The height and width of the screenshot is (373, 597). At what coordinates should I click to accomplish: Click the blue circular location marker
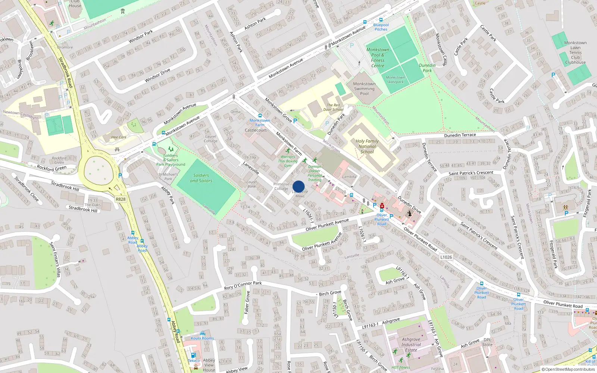pos(298,186)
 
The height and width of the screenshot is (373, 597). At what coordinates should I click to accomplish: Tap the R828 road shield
pos(121,199)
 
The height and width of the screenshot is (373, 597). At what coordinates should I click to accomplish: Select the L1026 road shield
pos(446,257)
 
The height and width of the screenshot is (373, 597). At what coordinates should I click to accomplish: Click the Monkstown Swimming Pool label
pos(364,89)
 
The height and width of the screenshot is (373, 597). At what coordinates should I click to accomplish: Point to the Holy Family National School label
pos(367,146)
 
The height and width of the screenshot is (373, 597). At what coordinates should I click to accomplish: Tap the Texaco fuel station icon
pos(193,355)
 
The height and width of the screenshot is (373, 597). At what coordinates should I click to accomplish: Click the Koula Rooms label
pos(202,338)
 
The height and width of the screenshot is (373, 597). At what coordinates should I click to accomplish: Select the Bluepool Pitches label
pos(381,27)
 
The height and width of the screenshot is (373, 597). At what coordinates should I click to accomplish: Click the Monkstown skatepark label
pos(395,79)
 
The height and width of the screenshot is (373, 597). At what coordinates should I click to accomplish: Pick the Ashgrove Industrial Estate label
pos(411,345)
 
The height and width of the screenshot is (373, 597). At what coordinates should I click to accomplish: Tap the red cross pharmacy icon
pos(382,206)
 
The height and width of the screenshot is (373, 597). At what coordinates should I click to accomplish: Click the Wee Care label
pos(119,137)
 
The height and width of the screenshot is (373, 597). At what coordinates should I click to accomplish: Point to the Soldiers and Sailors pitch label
pos(201,178)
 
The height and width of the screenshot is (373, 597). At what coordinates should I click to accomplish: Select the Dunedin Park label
pos(427,68)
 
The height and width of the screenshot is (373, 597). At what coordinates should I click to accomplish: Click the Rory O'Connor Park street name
pos(243,286)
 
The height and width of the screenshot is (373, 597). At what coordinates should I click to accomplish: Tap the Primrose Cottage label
pos(281,186)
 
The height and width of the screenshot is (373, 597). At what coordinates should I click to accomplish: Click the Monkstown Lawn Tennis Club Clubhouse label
pos(575,53)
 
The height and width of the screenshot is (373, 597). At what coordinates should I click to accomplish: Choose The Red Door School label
pos(333,107)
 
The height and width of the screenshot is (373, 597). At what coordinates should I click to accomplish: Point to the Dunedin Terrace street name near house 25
pos(460,135)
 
